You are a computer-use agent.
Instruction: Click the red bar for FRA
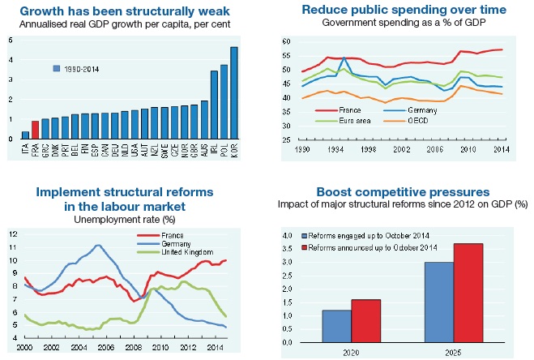click(x=35, y=130)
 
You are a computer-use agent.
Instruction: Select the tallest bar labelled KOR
click(x=234, y=93)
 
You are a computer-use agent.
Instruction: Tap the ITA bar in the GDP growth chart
click(x=24, y=135)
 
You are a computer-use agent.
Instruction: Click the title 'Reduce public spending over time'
click(x=404, y=9)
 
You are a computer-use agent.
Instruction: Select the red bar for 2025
click(x=468, y=293)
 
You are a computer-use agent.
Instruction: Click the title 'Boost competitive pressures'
click(x=403, y=192)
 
